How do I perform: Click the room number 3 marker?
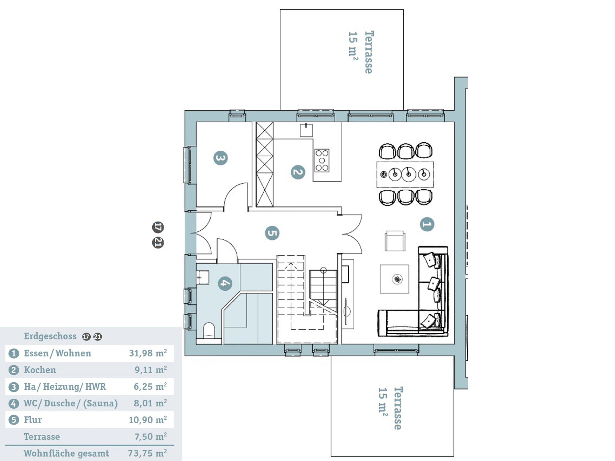[x=220, y=158]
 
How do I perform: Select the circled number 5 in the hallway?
[x=272, y=233]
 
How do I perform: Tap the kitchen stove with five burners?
[x=322, y=160]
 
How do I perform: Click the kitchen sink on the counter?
[x=306, y=130]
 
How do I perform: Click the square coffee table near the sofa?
[x=395, y=279]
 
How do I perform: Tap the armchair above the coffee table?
[x=395, y=241]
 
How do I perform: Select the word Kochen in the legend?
[x=40, y=370]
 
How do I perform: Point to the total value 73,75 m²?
[x=147, y=453]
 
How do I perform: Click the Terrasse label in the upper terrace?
[x=369, y=52]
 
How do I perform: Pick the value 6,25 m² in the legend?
[x=150, y=386]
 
